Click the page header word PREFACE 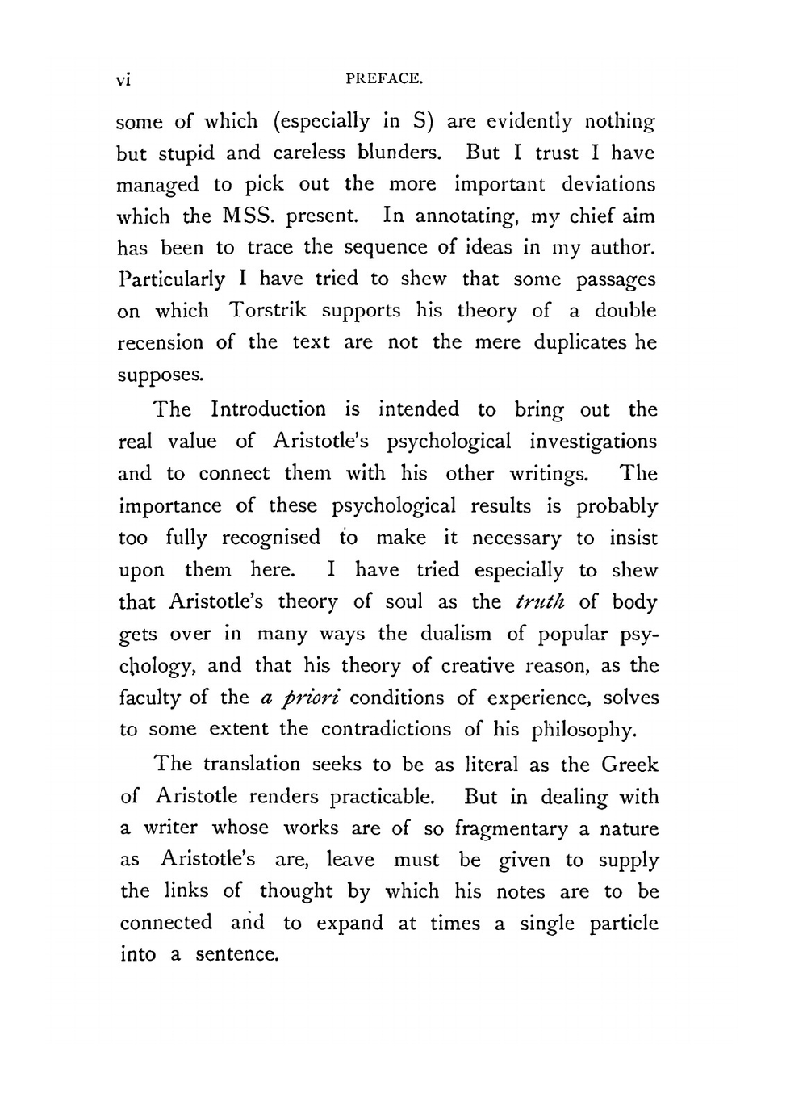click(x=383, y=79)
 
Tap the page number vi click(x=123, y=79)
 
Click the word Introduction click(x=268, y=409)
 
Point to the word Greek click(x=629, y=764)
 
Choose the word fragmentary click(x=512, y=829)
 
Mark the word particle click(x=624, y=924)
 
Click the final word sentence click(x=236, y=954)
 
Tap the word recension click(x=161, y=342)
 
